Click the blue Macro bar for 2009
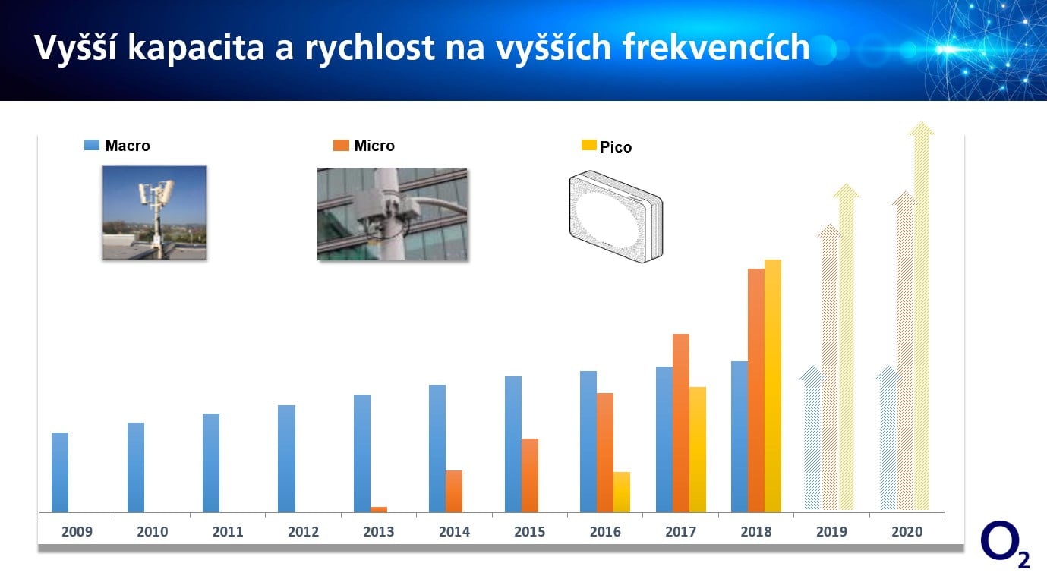pos(60,472)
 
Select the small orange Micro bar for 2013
pos(379,509)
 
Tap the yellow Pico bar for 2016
pos(622,492)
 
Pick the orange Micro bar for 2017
pos(681,423)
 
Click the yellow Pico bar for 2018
pos(772,385)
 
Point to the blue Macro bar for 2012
pos(286,458)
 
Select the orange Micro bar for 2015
pos(530,475)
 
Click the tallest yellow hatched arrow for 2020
pos(921,319)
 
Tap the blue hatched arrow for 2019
pos(812,440)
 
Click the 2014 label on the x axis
pos(454,532)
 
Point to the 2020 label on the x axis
pos(907,532)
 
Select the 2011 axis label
pos(228,532)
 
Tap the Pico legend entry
pos(607,147)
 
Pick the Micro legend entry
pos(364,146)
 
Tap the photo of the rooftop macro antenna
pos(154,213)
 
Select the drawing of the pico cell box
pos(615,217)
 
